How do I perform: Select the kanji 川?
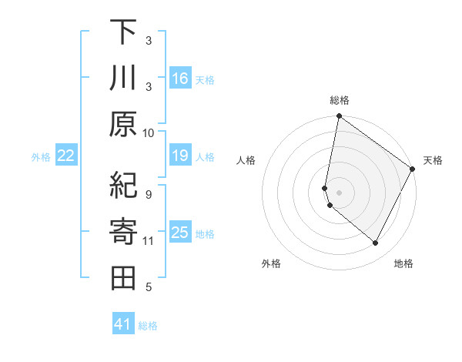click(x=123, y=79)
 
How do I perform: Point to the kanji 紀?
click(x=123, y=185)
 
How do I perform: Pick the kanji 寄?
click(x=123, y=231)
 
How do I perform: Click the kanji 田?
click(x=123, y=277)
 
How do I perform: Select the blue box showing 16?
click(x=180, y=79)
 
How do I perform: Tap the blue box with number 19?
click(x=180, y=156)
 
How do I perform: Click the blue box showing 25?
click(x=180, y=233)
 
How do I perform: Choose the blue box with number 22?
click(x=66, y=156)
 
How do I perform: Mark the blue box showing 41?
click(x=123, y=325)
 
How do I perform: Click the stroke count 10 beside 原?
click(x=149, y=133)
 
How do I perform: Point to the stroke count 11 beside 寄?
click(x=149, y=241)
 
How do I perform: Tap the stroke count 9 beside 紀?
click(x=149, y=194)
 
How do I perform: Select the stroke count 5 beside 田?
click(x=149, y=287)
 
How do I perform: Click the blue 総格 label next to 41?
click(x=148, y=326)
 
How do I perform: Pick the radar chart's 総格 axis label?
click(x=340, y=100)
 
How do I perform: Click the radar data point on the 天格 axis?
click(x=413, y=169)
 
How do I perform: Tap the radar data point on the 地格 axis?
click(x=376, y=243)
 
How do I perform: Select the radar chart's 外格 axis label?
click(x=271, y=264)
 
